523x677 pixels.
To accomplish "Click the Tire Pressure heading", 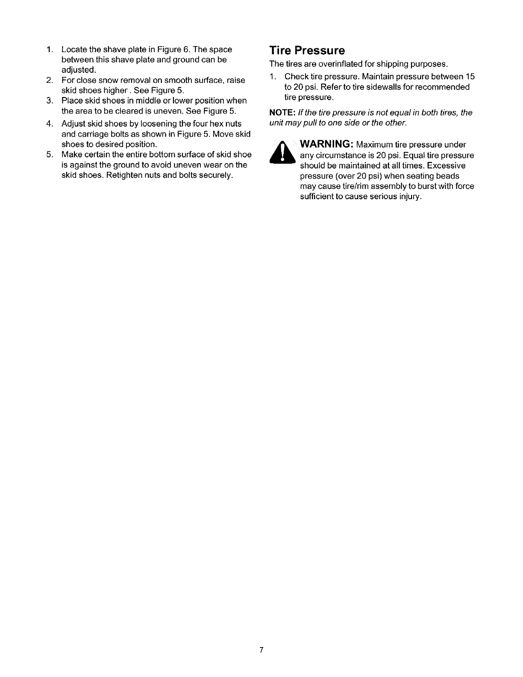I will point(307,51).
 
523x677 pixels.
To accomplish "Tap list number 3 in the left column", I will point(49,101).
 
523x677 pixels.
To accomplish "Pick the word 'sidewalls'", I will point(383,87).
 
